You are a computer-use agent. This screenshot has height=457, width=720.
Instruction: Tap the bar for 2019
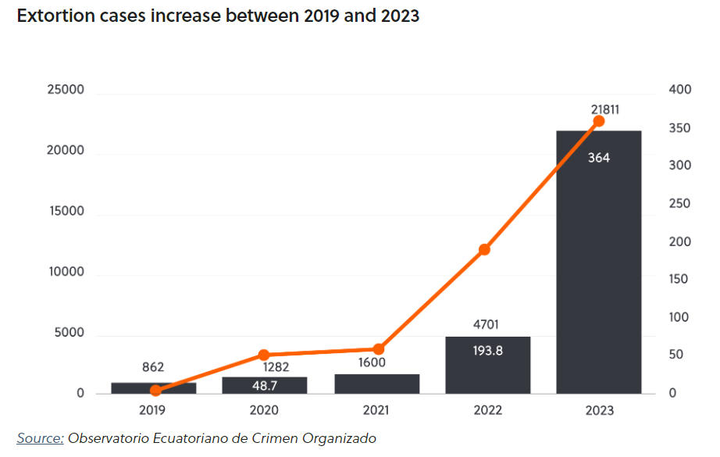(154, 388)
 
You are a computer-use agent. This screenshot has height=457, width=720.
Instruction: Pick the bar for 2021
(376, 384)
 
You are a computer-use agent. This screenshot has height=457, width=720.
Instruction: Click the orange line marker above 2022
(484, 250)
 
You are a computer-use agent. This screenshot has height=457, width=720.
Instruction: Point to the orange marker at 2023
(599, 121)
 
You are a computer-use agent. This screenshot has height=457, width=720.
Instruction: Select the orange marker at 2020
(264, 355)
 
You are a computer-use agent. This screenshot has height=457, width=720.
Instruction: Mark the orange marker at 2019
(155, 391)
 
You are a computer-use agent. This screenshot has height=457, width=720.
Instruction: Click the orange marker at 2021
(378, 348)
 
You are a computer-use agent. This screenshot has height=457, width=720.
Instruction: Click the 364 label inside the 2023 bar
(599, 158)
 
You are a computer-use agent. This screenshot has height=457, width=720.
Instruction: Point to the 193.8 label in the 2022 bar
(488, 351)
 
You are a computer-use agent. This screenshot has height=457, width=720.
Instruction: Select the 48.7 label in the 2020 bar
(265, 385)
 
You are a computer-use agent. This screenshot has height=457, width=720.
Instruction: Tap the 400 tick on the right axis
(680, 91)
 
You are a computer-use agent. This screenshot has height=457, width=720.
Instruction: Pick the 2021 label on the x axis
(376, 410)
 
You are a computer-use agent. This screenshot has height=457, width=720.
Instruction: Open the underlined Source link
(40, 438)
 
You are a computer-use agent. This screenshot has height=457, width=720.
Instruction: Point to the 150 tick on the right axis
(680, 280)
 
